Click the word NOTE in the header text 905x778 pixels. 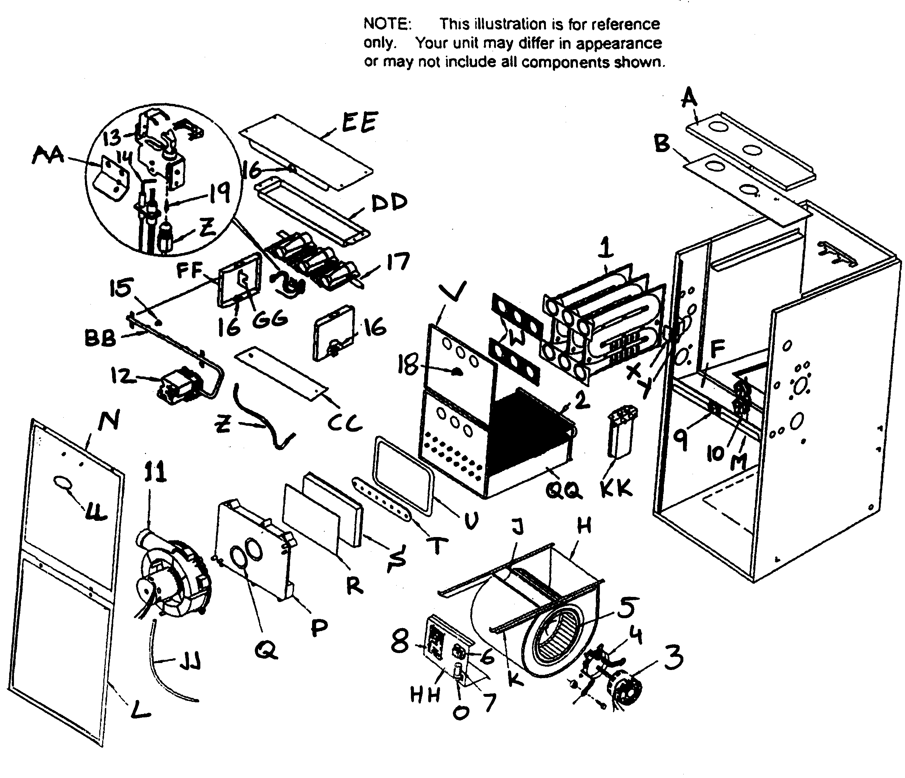click(387, 24)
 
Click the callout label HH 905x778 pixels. click(425, 695)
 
